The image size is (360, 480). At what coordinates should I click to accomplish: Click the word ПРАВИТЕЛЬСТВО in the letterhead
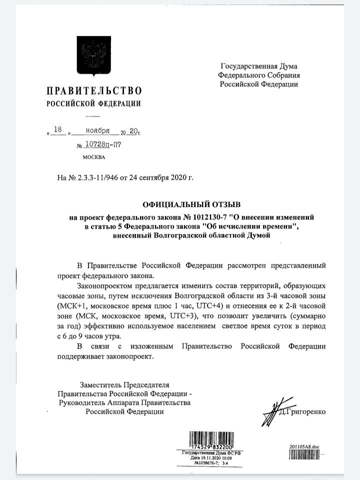click(x=94, y=91)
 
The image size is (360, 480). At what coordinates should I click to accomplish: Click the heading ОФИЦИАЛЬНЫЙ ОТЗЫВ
click(x=184, y=205)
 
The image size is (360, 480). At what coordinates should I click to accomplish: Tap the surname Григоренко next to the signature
click(x=305, y=411)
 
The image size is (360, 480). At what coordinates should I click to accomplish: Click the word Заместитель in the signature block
click(x=102, y=385)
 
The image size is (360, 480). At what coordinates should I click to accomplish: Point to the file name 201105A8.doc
click(x=304, y=447)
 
